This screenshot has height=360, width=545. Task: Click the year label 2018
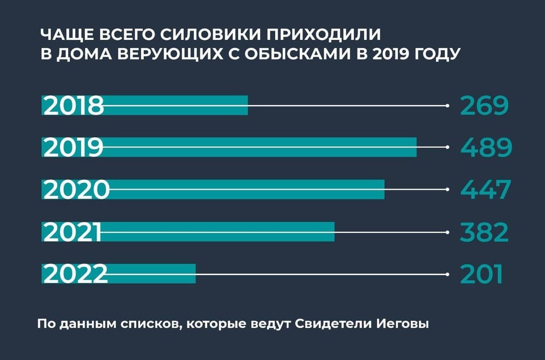point(73,106)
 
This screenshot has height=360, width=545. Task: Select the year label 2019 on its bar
point(73,148)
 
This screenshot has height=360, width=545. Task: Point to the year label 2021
point(72,232)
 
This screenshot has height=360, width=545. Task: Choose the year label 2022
point(75,274)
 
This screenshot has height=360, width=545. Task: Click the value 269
point(484,106)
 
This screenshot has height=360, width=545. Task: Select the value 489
point(486,148)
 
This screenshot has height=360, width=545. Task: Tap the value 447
point(486,190)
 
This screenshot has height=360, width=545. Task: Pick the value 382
point(485,232)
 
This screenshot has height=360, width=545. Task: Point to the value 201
point(481,274)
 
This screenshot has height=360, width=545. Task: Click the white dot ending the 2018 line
point(447,105)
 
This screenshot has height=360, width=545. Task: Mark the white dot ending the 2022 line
point(447,274)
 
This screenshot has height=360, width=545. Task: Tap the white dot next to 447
point(447,189)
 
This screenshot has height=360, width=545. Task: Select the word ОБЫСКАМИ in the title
point(314,55)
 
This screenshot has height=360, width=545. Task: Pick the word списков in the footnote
point(155,324)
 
